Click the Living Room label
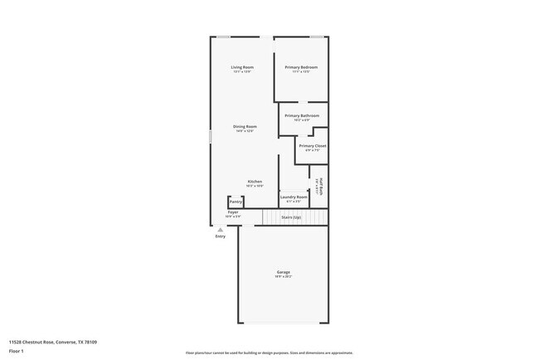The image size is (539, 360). coord(242,66)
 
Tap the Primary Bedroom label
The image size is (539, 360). coord(301,66)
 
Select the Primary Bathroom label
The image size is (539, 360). coord(302,115)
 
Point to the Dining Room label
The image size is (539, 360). coord(245,126)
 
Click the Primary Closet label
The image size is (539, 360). coord(313,145)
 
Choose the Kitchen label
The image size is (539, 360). coord(255,181)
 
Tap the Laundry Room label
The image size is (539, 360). coord(294,197)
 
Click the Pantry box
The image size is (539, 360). coord(236,202)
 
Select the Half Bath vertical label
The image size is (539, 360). coord(321,186)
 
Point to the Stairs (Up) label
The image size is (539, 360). coord(290,217)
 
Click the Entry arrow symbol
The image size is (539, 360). coord(220,231)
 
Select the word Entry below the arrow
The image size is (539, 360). coord(220,237)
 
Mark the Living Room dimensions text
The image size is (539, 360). coord(242,71)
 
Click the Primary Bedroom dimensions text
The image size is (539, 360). coord(301,71)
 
